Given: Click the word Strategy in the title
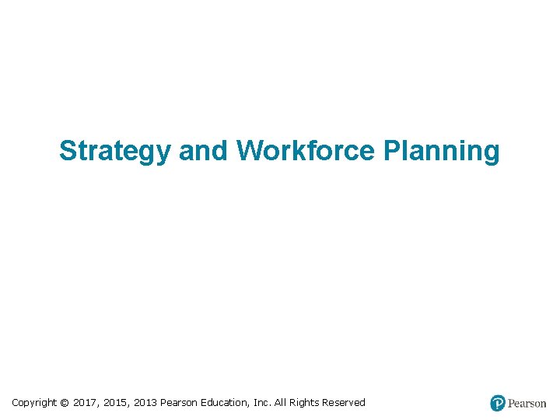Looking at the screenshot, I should coord(114,151).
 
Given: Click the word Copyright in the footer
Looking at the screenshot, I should coord(34,403).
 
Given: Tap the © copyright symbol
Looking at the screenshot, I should coord(65,403).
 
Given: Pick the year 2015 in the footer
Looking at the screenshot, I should coord(116,403).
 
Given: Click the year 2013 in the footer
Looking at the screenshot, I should coord(145,403).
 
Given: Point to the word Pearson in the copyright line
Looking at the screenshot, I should coord(179,403).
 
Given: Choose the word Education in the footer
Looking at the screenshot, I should coord(226,403).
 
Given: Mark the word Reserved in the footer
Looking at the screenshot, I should coord(345,403).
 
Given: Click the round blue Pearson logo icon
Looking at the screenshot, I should coord(498,403).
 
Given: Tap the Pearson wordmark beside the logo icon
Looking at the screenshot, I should coord(527,403).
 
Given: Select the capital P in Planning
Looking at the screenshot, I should coord(391,150).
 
